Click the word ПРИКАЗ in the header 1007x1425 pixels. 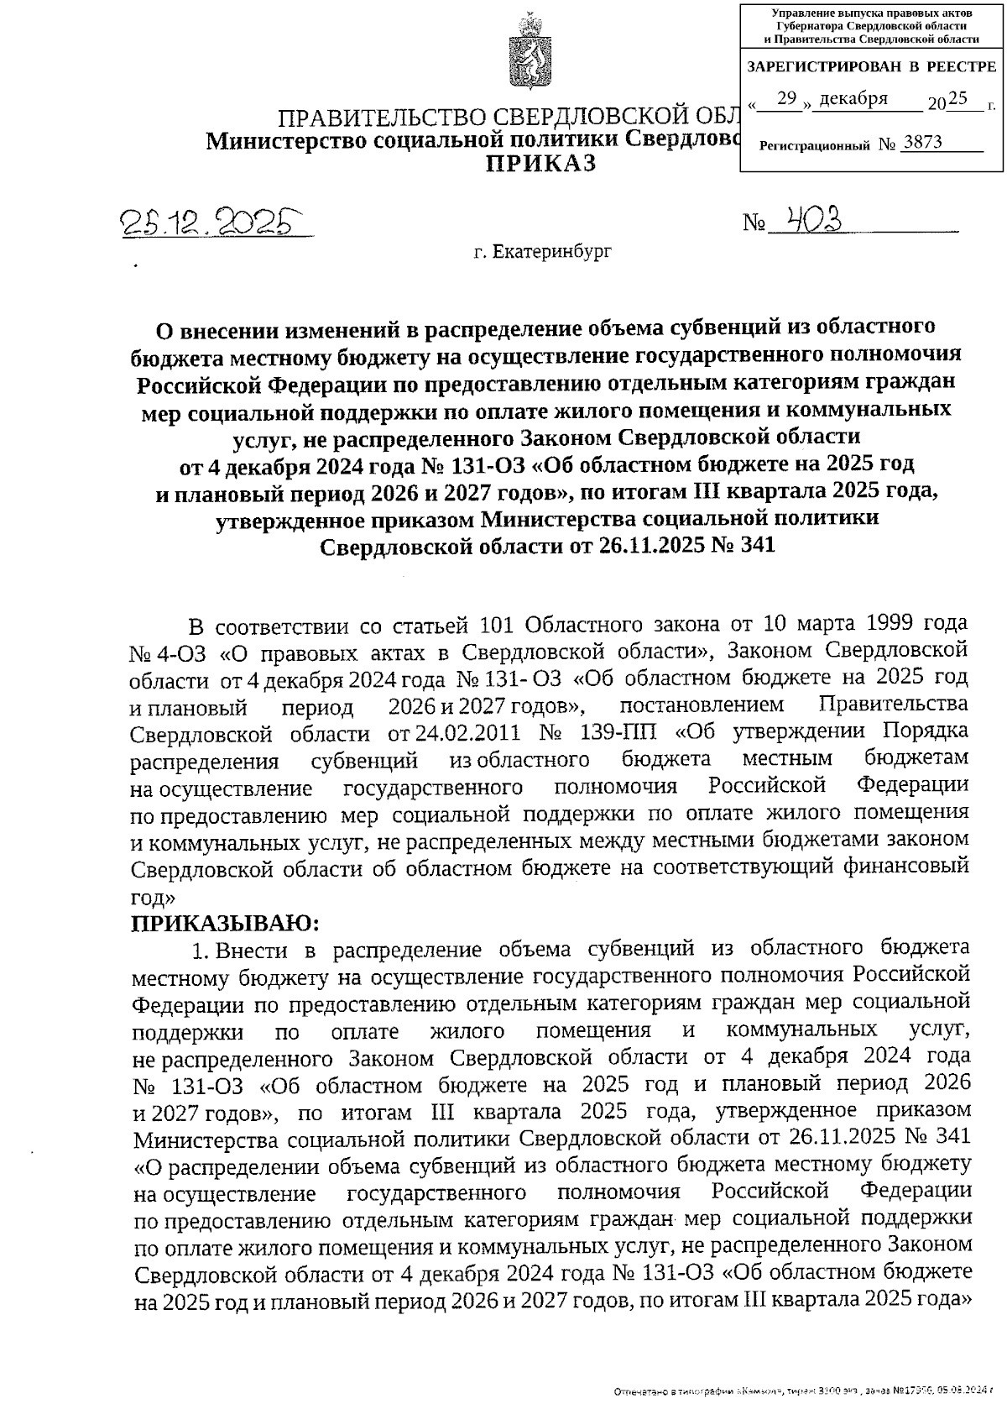(x=542, y=164)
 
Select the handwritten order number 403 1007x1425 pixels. (x=809, y=219)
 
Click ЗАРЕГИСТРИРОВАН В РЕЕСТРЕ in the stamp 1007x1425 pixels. (x=871, y=66)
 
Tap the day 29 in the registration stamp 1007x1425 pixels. (x=786, y=99)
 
